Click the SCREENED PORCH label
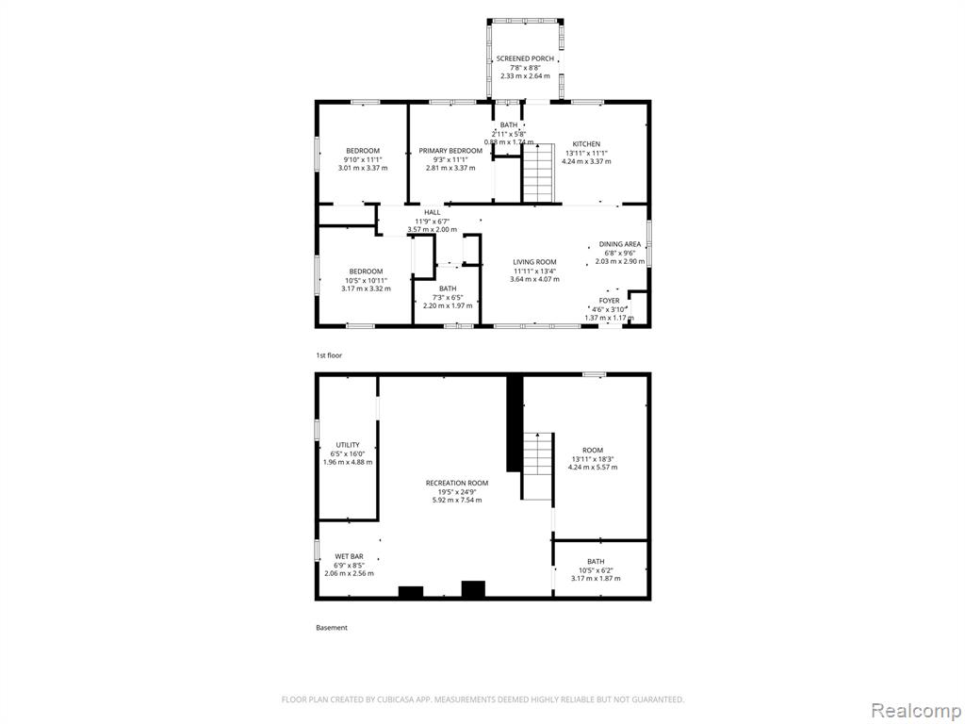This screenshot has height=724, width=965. coord(525,58)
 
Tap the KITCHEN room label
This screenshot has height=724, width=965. coord(586,144)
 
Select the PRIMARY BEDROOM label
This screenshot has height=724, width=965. coord(450,151)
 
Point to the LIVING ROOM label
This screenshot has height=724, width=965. coord(535,262)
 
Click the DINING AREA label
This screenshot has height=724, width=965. coord(620,244)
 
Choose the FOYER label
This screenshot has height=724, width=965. coord(610,301)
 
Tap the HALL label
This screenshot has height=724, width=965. coord(432,212)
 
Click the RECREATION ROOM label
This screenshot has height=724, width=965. coord(457,483)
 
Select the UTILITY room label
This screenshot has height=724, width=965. coord(348,445)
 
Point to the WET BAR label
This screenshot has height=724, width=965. coord(349,556)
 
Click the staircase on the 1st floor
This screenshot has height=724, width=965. coord(538,173)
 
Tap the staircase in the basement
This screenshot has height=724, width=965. coord(537,466)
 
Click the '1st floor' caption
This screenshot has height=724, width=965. coord(329,355)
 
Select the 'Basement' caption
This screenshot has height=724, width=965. coord(332,627)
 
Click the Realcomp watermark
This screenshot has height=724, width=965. coord(914,710)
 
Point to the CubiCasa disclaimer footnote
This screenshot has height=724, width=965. coord(482,699)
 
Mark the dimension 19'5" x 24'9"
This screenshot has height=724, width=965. coord(457,491)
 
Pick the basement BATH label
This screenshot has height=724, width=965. coord(596,562)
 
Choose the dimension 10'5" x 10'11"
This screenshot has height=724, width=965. coord(367,280)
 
